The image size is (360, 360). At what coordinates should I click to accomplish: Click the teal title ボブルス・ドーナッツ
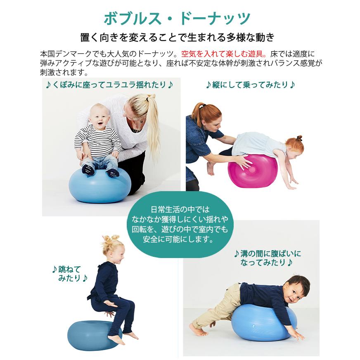pos(177,19)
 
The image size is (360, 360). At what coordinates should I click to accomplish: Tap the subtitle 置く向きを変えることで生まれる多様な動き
pos(177,38)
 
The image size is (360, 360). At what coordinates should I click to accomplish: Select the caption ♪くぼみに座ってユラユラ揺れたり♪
pos(109,85)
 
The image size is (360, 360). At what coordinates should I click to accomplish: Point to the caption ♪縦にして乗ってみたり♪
pos(250,85)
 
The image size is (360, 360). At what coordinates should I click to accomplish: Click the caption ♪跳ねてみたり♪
pos(70,273)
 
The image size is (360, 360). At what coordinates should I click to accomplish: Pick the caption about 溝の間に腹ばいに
pos(268,258)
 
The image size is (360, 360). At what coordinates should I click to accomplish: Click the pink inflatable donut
pos(253,171)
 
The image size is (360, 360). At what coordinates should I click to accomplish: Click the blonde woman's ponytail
pos(153,124)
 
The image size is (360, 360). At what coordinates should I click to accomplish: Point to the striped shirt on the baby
pos(97,140)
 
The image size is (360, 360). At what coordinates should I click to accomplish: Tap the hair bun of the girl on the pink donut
pos(299,138)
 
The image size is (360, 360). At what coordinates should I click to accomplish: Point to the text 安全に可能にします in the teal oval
pos(178,239)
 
